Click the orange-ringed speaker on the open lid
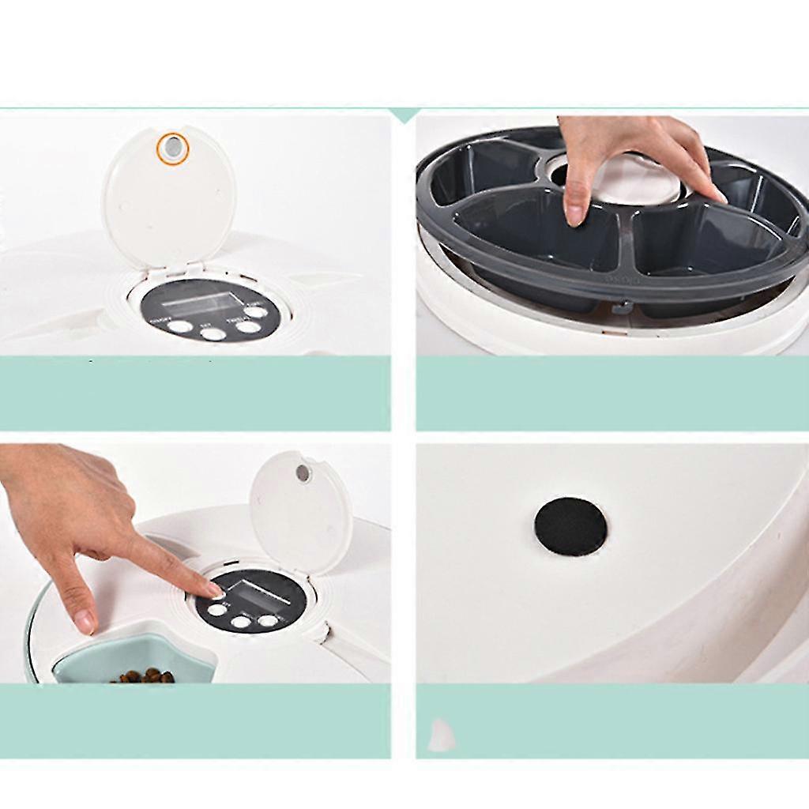coord(171,148)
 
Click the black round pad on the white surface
coord(570,526)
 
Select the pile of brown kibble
coord(143,676)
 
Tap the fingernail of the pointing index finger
coord(214,590)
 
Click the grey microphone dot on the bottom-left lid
coord(302,472)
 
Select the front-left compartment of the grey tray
coord(537,233)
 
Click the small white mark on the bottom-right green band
coord(440,737)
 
